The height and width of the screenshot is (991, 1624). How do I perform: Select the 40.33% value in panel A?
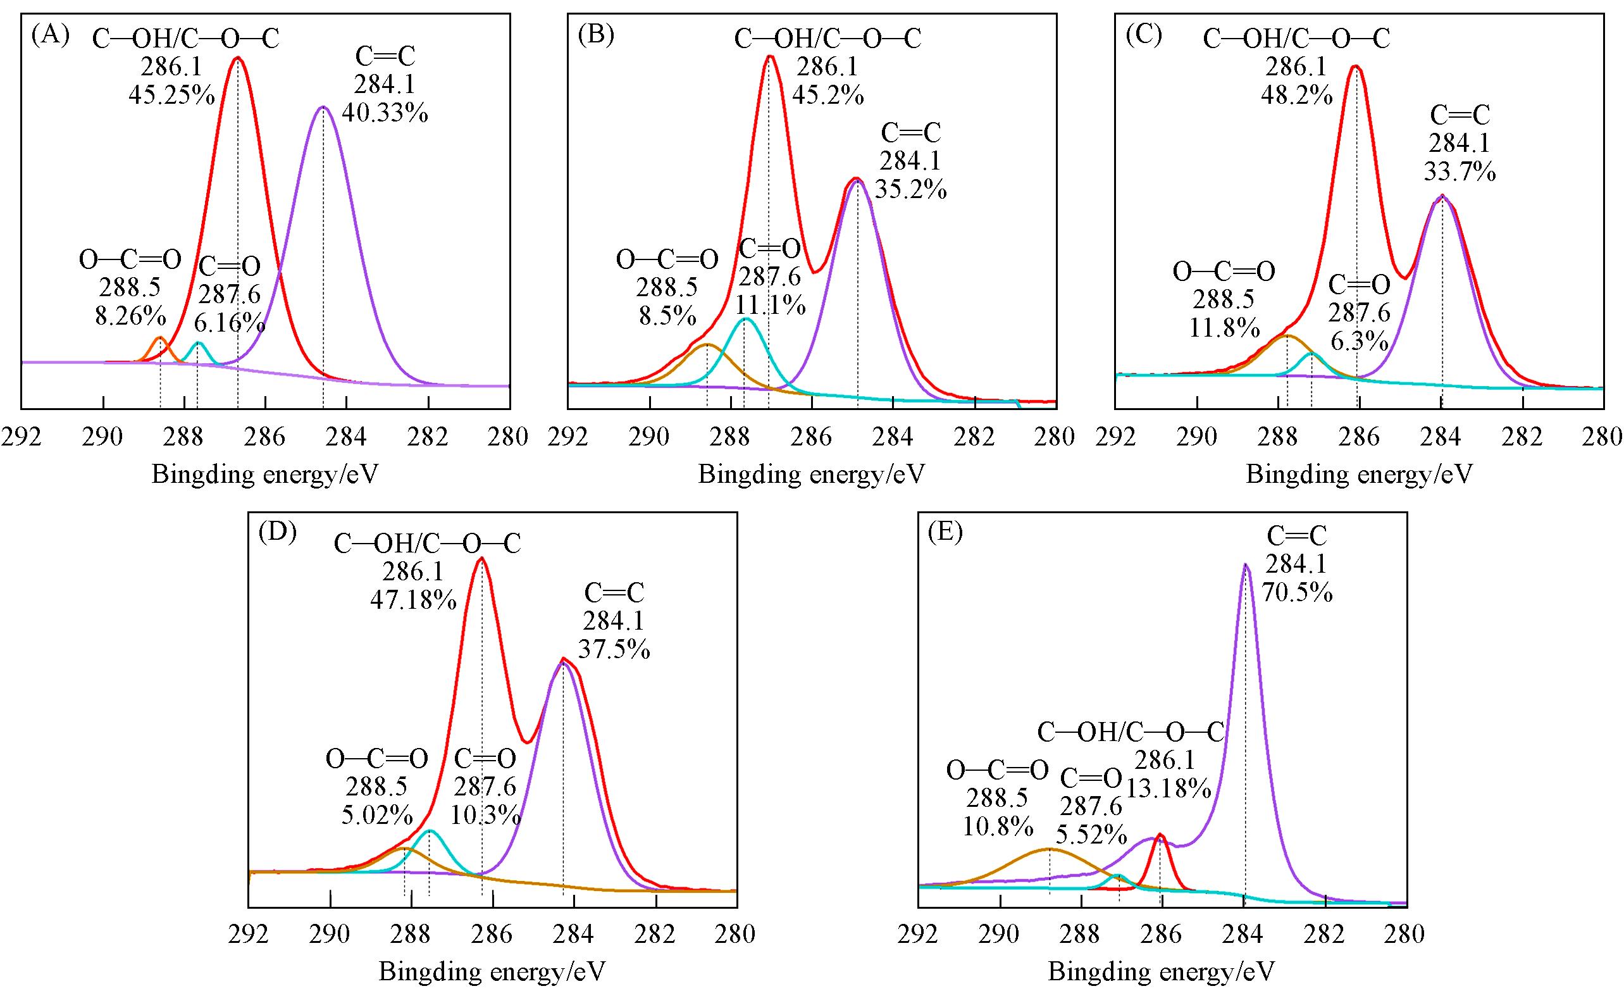coord(385,113)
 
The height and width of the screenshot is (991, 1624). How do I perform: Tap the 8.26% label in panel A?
coord(130,315)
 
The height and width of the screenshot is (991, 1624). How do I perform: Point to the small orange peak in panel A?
coord(159,339)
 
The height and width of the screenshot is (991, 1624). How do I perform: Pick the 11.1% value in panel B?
coord(771,304)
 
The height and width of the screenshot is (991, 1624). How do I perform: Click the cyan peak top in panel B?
coord(745,320)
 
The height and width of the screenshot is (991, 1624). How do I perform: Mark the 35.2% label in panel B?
coord(911,190)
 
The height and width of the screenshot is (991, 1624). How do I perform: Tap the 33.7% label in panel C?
coord(1460,172)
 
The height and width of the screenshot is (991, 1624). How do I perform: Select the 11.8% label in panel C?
coord(1224,327)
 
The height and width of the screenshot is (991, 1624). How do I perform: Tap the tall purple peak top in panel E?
coord(1245,566)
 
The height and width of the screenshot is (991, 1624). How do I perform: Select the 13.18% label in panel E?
coord(1168,788)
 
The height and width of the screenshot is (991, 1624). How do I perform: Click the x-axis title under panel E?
coord(1162,971)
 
